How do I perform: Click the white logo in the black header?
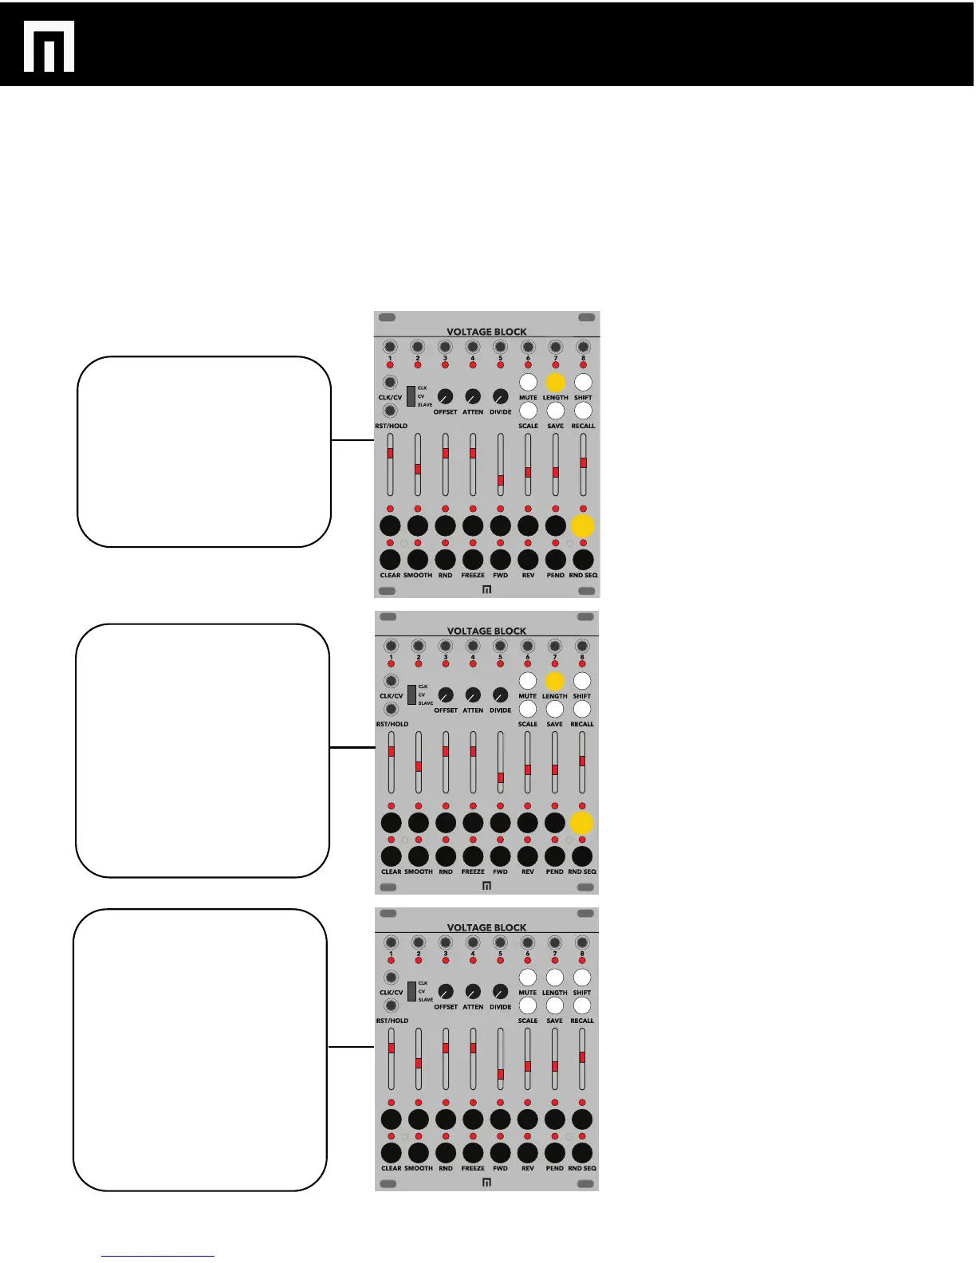click(x=49, y=46)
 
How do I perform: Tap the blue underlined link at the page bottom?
click(x=158, y=1256)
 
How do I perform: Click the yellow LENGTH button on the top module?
click(x=556, y=383)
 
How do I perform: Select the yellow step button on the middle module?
click(x=582, y=823)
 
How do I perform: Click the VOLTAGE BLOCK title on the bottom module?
click(x=486, y=927)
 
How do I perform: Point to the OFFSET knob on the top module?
click(x=445, y=396)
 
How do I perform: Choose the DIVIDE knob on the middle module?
click(x=500, y=694)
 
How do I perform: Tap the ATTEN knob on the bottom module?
click(x=473, y=991)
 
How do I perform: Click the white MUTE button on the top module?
click(x=528, y=383)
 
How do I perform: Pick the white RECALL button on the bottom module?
click(x=582, y=1005)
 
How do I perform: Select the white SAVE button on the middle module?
click(x=555, y=709)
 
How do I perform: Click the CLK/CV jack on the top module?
click(x=390, y=383)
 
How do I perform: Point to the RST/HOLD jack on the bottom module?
click(x=391, y=1005)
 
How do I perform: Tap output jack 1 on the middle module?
click(x=391, y=646)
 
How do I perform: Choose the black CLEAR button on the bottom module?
click(x=391, y=1153)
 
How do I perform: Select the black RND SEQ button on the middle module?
click(x=582, y=856)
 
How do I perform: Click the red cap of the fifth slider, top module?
click(x=501, y=481)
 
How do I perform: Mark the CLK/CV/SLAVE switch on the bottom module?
click(x=411, y=991)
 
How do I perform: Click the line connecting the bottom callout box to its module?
click(x=351, y=1047)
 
